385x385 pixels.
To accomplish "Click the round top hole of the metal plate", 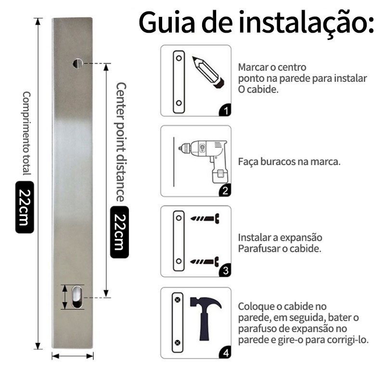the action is tap(78, 64).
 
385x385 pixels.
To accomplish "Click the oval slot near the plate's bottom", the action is tap(77, 296).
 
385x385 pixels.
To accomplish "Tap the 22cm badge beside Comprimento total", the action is tap(25, 207).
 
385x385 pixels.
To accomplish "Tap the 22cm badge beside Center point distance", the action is tap(119, 232).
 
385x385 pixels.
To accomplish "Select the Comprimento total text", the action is tap(26, 133).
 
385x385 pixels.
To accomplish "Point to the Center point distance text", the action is tap(121, 142).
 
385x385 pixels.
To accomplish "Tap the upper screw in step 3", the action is tap(205, 218).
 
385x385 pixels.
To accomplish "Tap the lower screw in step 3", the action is tap(205, 261).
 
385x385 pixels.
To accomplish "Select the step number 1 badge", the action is tap(225, 110).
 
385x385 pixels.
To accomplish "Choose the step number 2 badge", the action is tap(225, 191).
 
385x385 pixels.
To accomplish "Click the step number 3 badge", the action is tap(225, 270).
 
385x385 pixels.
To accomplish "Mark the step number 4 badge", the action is tap(225, 353).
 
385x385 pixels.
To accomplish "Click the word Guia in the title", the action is tap(167, 22).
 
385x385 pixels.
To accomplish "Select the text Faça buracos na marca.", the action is tap(289, 162).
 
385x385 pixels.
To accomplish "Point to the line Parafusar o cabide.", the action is tap(280, 249).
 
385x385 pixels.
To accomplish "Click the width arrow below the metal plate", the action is tap(73, 356).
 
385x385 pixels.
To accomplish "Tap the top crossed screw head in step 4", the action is tap(178, 299).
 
